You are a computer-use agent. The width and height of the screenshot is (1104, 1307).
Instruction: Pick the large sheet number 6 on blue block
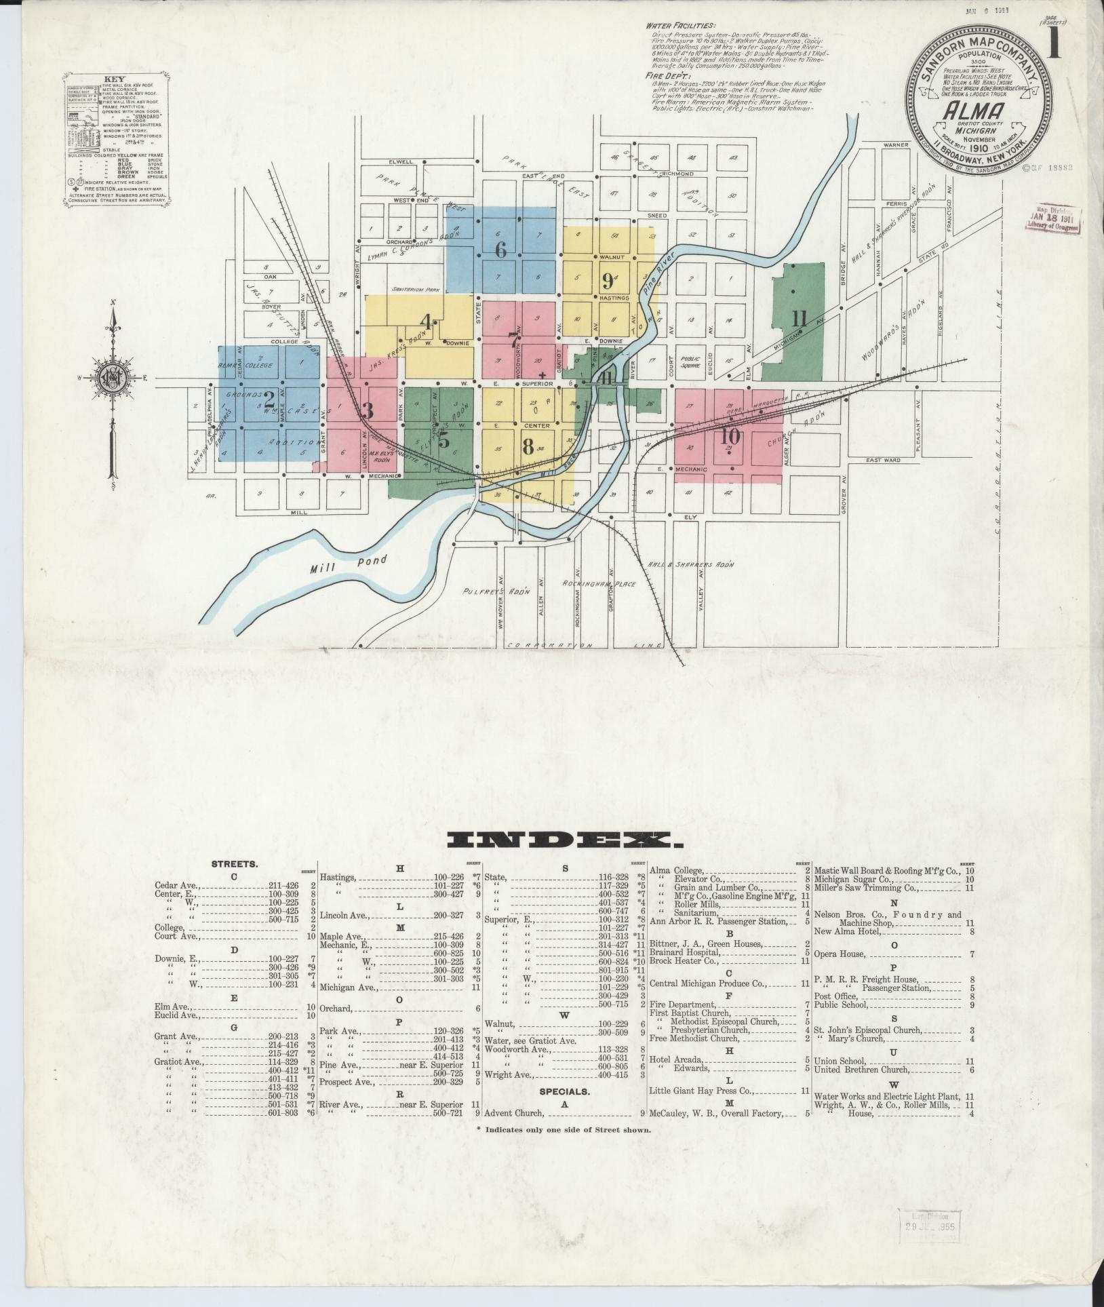click(x=500, y=250)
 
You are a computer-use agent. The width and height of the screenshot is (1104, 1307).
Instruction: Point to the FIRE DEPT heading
click(x=663, y=77)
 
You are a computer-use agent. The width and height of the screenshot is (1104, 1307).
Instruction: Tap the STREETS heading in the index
click(x=234, y=865)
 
